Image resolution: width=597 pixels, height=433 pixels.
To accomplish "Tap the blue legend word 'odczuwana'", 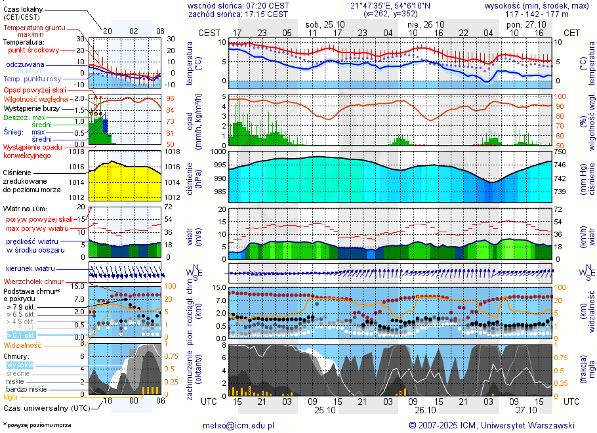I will pyautogui.click(x=25, y=65).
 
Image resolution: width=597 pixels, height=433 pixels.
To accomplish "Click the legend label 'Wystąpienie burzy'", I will pyautogui.click(x=31, y=108).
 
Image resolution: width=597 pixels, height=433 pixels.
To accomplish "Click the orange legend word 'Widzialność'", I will pyautogui.click(x=23, y=344).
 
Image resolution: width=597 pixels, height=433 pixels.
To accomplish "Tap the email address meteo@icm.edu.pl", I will pyautogui.click(x=238, y=425).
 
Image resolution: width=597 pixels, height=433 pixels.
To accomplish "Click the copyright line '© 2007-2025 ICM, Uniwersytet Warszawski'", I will pyautogui.click(x=491, y=425).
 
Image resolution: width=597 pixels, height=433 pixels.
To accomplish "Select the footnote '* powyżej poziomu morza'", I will pyautogui.click(x=37, y=425).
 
